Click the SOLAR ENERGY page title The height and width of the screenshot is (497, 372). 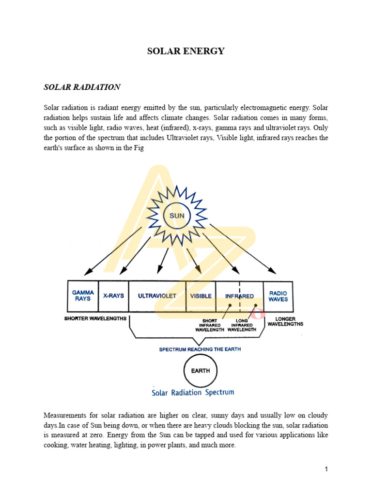[x=186, y=51]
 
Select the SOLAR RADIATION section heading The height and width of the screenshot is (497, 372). [x=82, y=87]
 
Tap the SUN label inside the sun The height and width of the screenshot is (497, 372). [x=177, y=215]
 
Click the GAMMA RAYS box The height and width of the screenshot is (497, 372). [x=83, y=296]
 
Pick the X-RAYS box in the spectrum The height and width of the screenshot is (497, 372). [x=113, y=296]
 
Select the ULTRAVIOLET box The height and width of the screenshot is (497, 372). [x=157, y=296]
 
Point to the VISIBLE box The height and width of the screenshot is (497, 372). [x=201, y=296]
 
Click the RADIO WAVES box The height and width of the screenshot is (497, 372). [x=278, y=296]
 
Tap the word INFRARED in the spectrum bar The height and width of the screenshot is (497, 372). [x=239, y=296]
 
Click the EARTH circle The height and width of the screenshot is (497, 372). [x=200, y=371]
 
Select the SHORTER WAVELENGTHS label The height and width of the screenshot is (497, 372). [x=95, y=319]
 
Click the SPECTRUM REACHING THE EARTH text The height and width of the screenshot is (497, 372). [x=200, y=349]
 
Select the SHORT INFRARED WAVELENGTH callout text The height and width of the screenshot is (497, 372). [x=210, y=325]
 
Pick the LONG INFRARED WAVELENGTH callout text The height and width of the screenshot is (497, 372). [x=242, y=325]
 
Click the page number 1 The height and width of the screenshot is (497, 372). [x=326, y=469]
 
